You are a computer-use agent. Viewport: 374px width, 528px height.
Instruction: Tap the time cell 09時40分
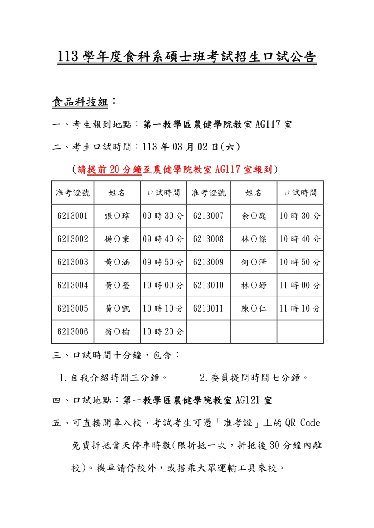(x=163, y=239)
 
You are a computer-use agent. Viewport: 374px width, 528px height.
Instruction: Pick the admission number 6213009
(x=209, y=262)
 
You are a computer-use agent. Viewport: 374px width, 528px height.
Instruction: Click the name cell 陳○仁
(x=254, y=308)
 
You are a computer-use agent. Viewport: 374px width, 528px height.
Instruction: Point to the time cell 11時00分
(x=300, y=285)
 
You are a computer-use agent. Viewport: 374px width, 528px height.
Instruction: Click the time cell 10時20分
(x=163, y=332)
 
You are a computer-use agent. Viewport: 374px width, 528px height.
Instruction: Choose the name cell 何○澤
(x=254, y=262)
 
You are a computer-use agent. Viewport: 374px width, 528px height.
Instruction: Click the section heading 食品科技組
(x=80, y=103)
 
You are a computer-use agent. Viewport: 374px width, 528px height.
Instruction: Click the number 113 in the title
(x=68, y=57)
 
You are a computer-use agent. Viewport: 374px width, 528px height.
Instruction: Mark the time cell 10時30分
(x=300, y=216)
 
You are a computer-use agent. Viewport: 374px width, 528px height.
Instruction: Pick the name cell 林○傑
(x=254, y=239)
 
